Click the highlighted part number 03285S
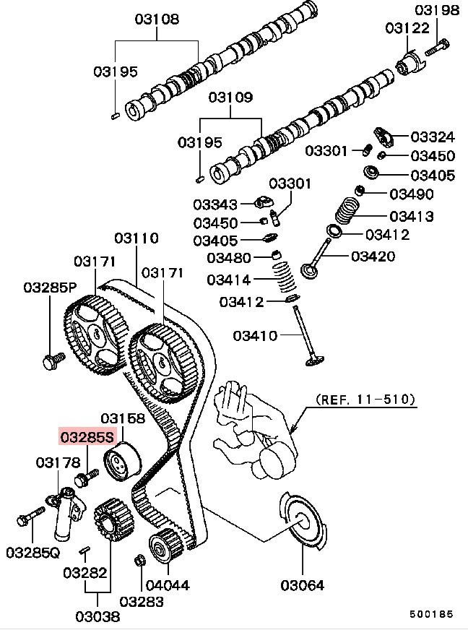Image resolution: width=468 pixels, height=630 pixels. pos(87,437)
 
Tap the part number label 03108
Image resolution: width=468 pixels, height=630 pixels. pos(157,19)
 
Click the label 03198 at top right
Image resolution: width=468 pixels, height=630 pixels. pos(437,10)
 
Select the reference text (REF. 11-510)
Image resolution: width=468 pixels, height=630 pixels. pos(366,399)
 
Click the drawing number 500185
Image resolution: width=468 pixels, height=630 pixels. pos(431,614)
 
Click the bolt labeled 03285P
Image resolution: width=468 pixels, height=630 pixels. pos(51,359)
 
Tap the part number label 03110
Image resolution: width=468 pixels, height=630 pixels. pos(136,238)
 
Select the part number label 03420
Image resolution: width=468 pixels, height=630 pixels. pos(373,256)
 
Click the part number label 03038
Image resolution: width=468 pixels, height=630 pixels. pos(96,616)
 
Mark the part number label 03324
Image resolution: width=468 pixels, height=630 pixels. pos(433,137)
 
